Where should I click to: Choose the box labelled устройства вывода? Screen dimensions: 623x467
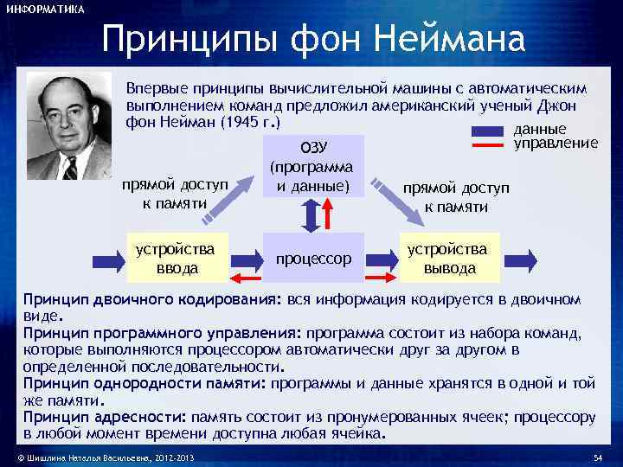(x=449, y=258)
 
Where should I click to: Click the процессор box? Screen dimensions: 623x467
(x=313, y=258)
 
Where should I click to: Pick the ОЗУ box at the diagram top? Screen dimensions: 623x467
(x=311, y=164)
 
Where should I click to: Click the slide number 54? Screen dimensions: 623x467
(x=597, y=456)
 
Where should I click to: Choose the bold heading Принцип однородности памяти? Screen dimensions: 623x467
(x=145, y=382)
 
